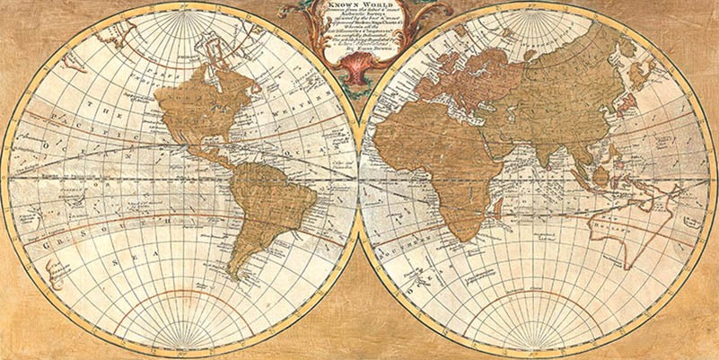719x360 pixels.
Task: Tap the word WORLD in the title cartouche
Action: (x=374, y=4)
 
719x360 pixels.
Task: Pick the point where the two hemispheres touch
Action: (x=359, y=180)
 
